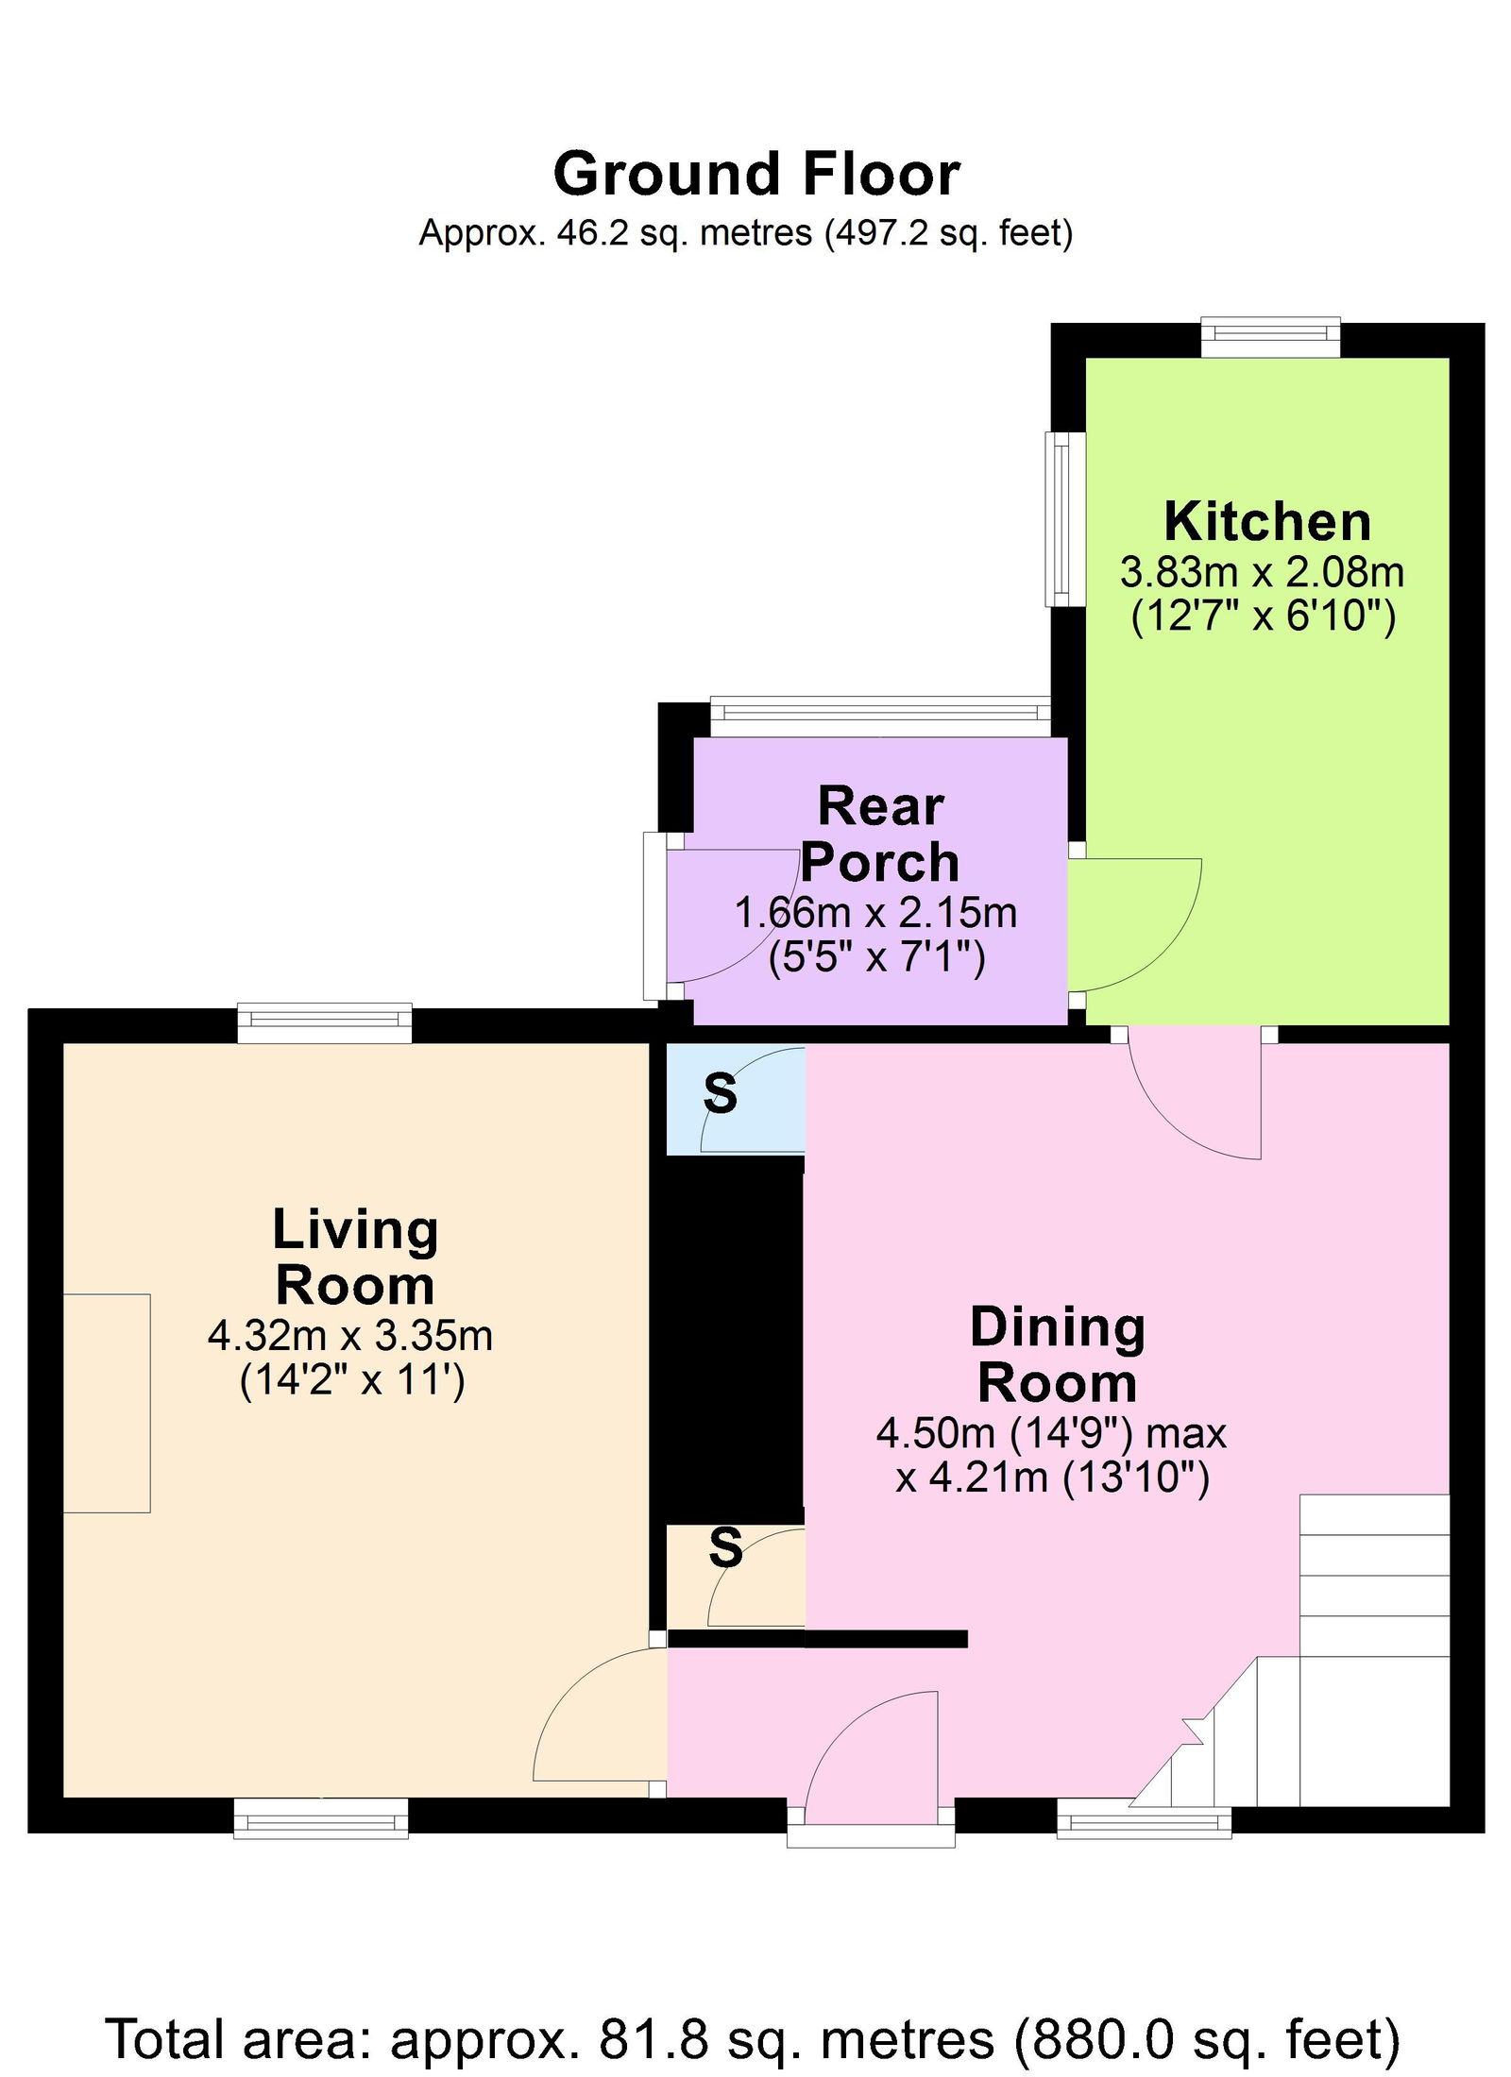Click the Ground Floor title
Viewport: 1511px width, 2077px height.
click(756, 175)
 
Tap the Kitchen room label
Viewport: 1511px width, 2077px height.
click(1267, 521)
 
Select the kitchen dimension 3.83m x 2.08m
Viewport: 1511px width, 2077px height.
click(1262, 572)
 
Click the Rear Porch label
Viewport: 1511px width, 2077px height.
click(880, 835)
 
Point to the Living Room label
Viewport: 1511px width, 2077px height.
click(355, 1258)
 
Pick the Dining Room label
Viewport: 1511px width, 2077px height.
click(1058, 1356)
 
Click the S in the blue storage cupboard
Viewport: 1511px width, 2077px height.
click(721, 1093)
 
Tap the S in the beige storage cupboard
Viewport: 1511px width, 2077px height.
click(725, 1548)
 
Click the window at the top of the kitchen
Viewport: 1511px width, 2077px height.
click(1270, 338)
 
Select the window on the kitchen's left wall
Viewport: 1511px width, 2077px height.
click(1064, 518)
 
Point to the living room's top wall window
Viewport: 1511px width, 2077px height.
click(325, 1023)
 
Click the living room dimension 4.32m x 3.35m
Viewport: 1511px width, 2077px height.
click(350, 1336)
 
